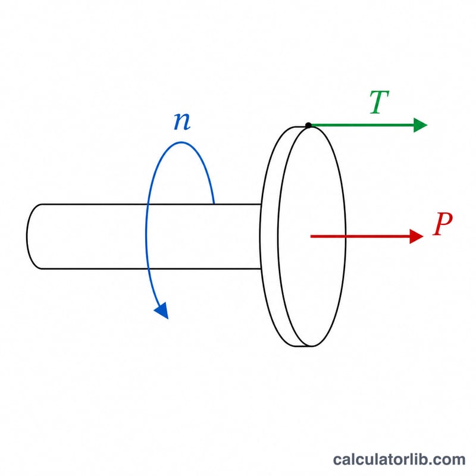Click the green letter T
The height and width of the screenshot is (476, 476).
coord(379,102)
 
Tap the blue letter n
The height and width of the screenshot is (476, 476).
coord(182,121)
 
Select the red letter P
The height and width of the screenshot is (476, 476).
coord(443,224)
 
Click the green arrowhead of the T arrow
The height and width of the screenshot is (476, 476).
coord(421,125)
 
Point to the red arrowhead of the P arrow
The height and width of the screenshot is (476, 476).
coord(416,236)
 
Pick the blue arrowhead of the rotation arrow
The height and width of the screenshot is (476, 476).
coord(161,311)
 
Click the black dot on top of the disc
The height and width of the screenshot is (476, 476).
coord(308,125)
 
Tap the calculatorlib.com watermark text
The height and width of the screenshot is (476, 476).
coord(399,459)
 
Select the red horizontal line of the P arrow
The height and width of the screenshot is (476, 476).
coord(360,236)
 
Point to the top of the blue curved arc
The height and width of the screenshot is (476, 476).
coord(181,142)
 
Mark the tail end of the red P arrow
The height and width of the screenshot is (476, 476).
coord(311,236)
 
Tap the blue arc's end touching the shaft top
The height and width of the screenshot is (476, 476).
coord(214,203)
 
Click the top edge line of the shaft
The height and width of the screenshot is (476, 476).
coord(151,204)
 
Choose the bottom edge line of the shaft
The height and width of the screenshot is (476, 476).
coord(151,269)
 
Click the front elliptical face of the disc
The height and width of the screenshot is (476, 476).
coord(312,236)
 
